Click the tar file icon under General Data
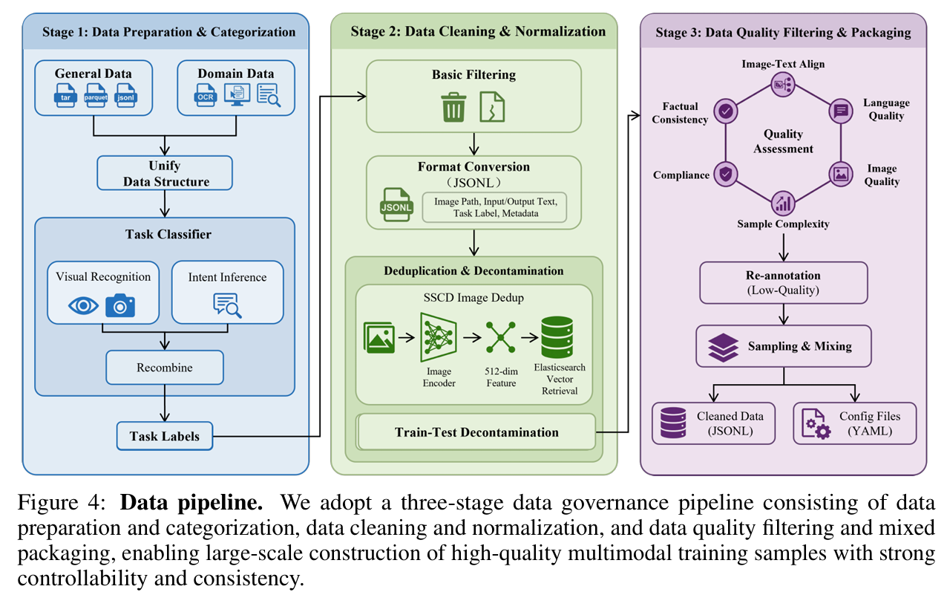pyautogui.click(x=65, y=96)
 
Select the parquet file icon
pyautogui.click(x=96, y=96)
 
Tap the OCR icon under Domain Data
pyautogui.click(x=205, y=96)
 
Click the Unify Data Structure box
pyautogui.click(x=165, y=173)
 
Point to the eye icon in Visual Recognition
pyautogui.click(x=82, y=305)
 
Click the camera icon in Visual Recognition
pyautogui.click(x=120, y=305)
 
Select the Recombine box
pyautogui.click(x=165, y=368)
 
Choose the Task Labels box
pyautogui.click(x=164, y=436)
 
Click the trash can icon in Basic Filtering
pyautogui.click(x=453, y=107)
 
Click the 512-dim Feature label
pyautogui.click(x=501, y=377)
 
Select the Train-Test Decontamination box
pyautogui.click(x=476, y=432)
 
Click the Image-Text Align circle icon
pyautogui.click(x=784, y=83)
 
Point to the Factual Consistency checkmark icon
pyautogui.click(x=724, y=111)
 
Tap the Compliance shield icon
pyautogui.click(x=724, y=174)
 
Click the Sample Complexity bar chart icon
pyautogui.click(x=784, y=203)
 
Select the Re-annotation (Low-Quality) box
pyautogui.click(x=784, y=282)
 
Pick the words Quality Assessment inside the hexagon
pyautogui.click(x=784, y=141)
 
